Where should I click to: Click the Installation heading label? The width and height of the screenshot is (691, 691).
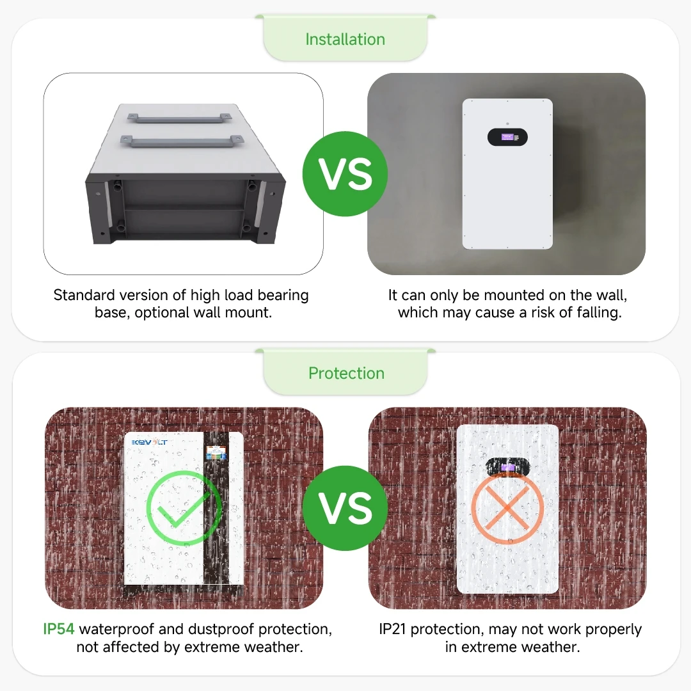(345, 39)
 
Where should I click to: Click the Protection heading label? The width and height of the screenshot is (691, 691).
(346, 373)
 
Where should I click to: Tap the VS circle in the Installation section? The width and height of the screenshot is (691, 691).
(345, 173)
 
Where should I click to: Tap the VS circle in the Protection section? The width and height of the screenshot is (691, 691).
(345, 508)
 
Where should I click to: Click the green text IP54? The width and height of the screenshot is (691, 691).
(59, 629)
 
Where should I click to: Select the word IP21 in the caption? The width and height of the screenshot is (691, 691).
(392, 629)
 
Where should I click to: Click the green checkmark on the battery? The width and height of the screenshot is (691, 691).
(184, 507)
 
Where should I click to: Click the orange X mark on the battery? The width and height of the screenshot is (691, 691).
(507, 507)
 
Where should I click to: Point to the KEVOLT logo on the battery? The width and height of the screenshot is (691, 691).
(149, 442)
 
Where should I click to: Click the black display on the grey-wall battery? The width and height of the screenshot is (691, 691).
(507, 137)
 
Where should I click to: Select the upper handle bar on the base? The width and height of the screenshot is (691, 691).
(179, 118)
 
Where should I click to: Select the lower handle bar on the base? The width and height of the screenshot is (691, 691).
(182, 141)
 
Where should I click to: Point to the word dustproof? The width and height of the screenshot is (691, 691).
(220, 630)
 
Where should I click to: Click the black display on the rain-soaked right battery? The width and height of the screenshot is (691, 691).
(507, 467)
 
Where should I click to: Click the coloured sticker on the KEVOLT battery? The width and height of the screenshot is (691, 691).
(216, 453)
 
